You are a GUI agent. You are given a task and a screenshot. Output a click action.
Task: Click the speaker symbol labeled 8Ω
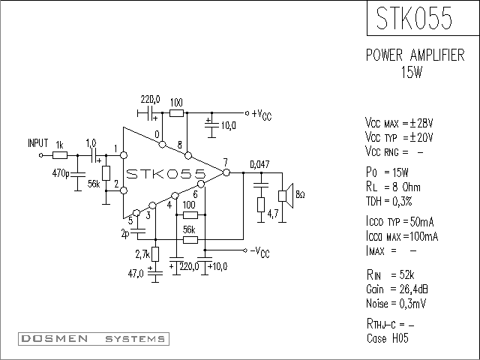click(x=286, y=196)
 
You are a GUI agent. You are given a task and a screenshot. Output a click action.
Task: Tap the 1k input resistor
click(x=60, y=155)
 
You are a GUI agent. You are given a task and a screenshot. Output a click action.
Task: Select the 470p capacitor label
click(x=61, y=173)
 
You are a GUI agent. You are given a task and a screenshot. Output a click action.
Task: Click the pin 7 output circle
click(x=226, y=172)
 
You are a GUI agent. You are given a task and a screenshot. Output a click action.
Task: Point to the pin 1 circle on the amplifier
click(x=124, y=155)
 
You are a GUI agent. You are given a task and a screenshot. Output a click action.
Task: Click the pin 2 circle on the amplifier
click(x=124, y=190)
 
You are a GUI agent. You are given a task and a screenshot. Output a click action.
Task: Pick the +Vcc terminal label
click(x=262, y=115)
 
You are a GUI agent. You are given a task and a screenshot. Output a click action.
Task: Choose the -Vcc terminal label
click(x=260, y=252)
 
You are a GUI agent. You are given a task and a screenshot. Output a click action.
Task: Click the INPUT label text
click(x=38, y=143)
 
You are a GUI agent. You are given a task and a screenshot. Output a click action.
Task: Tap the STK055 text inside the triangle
click(x=166, y=174)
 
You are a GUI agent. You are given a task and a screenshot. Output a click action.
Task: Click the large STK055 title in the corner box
click(x=414, y=18)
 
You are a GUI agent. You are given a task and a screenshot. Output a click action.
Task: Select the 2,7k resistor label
click(x=142, y=254)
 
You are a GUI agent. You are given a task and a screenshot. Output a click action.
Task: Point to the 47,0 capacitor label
click(x=136, y=273)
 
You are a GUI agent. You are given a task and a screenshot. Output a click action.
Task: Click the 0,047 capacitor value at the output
click(x=259, y=164)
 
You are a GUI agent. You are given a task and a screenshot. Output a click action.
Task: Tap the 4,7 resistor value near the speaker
click(x=273, y=214)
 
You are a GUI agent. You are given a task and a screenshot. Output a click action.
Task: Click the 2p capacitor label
click(x=125, y=234)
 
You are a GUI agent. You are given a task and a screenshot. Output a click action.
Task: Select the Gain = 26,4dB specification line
click(x=397, y=289)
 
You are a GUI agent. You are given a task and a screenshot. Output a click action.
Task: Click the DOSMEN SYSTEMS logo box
click(x=94, y=339)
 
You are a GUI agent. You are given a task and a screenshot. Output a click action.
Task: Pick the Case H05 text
click(x=388, y=338)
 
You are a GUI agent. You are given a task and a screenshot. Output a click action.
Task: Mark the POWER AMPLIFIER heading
click(x=415, y=55)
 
